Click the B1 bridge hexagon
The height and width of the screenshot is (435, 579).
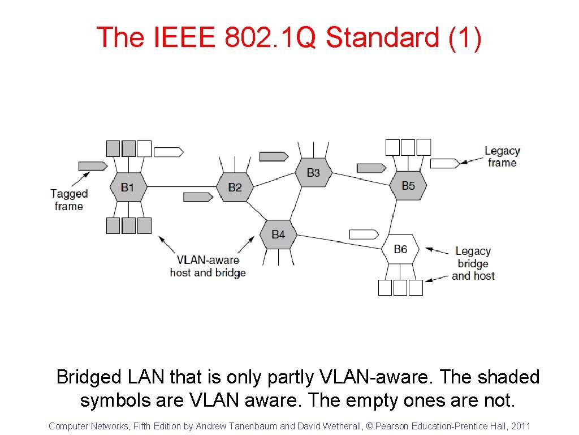[128, 187]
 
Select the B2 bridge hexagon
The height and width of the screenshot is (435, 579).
[235, 187]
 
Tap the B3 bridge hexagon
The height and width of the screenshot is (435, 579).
[313, 172]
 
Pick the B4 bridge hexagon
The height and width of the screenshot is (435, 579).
[278, 234]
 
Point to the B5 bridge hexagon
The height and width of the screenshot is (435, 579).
[408, 185]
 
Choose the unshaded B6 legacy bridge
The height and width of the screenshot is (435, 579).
[400, 249]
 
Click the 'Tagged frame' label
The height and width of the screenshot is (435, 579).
[69, 200]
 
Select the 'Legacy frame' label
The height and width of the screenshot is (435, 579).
[502, 157]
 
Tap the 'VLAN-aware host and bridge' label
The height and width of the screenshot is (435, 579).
[208, 266]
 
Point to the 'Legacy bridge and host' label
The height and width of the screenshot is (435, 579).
[473, 263]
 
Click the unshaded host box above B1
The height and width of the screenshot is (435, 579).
[144, 148]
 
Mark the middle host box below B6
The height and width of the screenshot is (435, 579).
[400, 288]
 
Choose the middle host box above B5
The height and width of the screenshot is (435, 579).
[408, 147]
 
